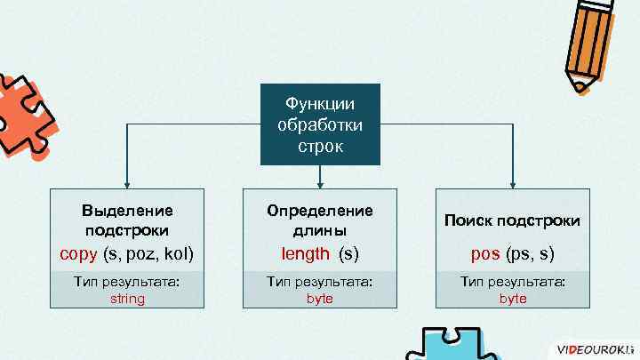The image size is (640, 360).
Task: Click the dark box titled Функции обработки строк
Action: pyautogui.click(x=320, y=124)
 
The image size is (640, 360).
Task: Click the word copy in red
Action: pyautogui.click(x=78, y=254)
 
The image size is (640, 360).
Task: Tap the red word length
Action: pyautogui.click(x=306, y=254)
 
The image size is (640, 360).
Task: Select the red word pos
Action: pyautogui.click(x=485, y=254)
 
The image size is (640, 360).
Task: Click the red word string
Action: pyautogui.click(x=127, y=299)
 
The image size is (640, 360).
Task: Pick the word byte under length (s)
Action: pyautogui.click(x=320, y=299)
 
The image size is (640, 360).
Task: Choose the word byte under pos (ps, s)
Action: pyautogui.click(x=513, y=299)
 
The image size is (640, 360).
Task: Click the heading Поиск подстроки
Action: pyautogui.click(x=513, y=220)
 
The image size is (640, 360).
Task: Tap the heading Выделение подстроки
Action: pyautogui.click(x=127, y=220)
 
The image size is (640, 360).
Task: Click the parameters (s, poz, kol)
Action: pyautogui.click(x=148, y=254)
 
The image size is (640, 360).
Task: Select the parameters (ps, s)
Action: pyautogui.click(x=531, y=254)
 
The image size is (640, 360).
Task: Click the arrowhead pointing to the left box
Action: pyautogui.click(x=127, y=182)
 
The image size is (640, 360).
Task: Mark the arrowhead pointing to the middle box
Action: pyautogui.click(x=320, y=182)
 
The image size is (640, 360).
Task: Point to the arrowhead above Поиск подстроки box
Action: pyautogui.click(x=513, y=182)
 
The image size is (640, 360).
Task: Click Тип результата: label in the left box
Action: pyautogui.click(x=127, y=282)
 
